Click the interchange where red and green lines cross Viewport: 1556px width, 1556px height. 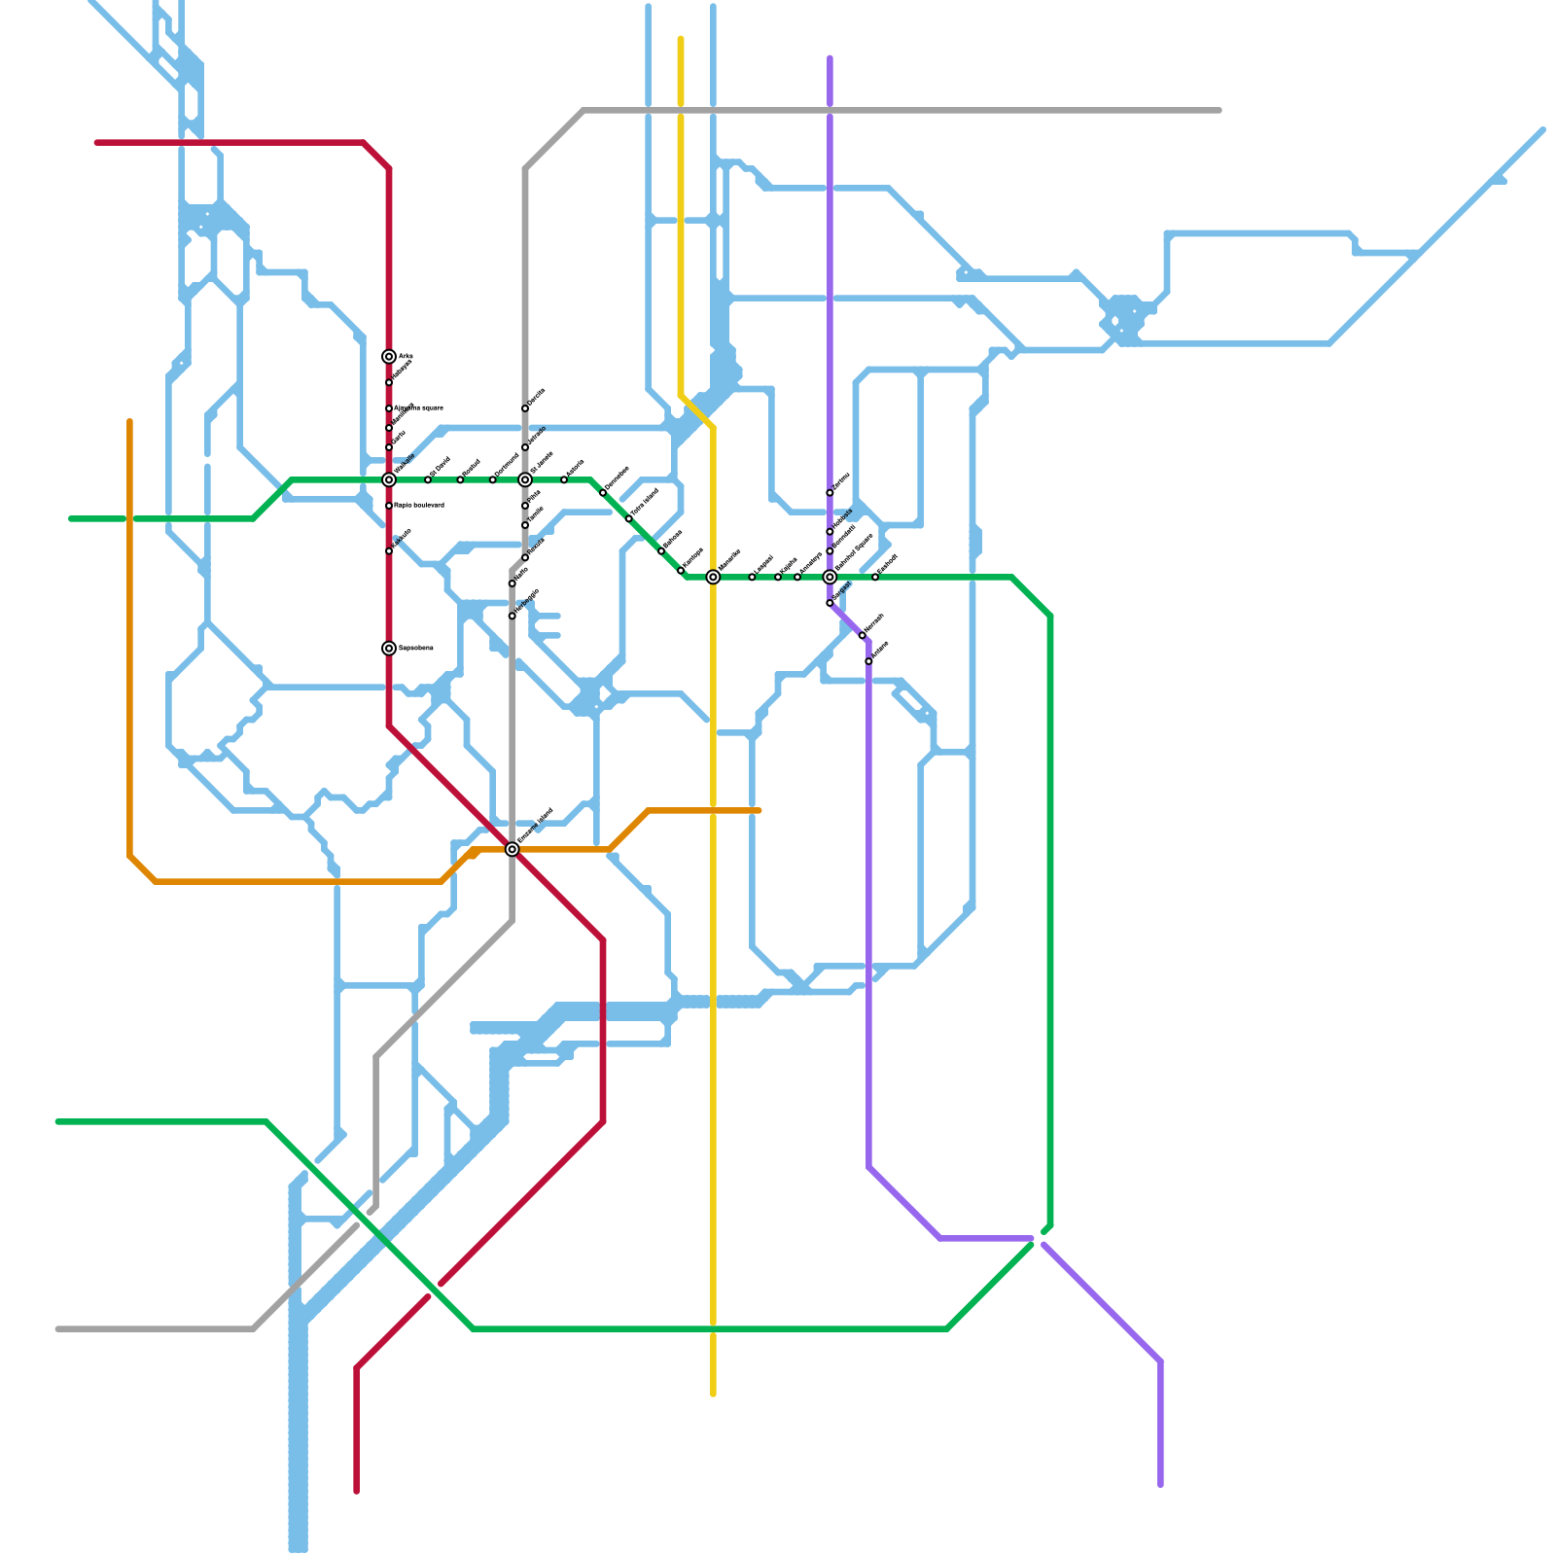tap(389, 479)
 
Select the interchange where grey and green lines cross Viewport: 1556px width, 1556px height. tap(525, 479)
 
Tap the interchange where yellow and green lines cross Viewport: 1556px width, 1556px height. tap(713, 577)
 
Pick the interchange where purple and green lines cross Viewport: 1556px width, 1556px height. tap(830, 577)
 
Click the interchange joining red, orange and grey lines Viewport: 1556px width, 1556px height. tap(513, 849)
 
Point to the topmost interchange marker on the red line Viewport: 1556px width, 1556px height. tap(389, 357)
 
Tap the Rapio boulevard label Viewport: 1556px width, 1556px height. tap(419, 505)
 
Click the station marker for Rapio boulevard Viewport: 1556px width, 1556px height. tap(389, 506)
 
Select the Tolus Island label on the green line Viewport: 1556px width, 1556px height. tap(645, 504)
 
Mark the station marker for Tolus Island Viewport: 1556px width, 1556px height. tap(629, 518)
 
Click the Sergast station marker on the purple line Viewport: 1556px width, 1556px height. tap(830, 603)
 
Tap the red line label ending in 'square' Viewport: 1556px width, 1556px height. tap(419, 407)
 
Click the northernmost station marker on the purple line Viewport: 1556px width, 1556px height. tap(830, 493)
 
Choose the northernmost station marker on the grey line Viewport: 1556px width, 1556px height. tap(525, 408)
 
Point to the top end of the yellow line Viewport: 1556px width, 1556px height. tap(681, 39)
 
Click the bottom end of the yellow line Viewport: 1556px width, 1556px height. tap(713, 1395)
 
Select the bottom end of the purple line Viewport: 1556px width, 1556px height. tap(1160, 1485)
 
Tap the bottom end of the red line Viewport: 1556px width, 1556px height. tap(357, 1491)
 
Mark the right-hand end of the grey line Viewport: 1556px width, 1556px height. tap(1220, 111)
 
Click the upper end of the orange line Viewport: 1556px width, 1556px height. tap(129, 421)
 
